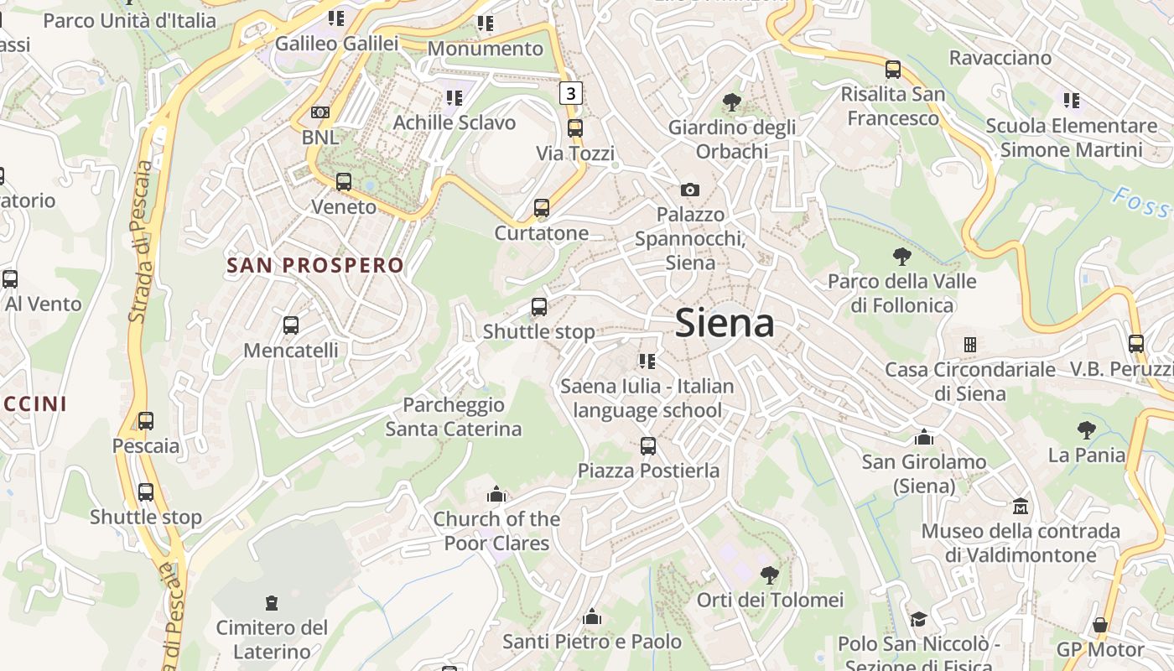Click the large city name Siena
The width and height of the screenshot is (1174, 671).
click(x=725, y=323)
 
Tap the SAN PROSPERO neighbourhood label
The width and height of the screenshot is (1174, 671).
click(x=315, y=266)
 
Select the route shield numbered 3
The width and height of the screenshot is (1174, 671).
click(x=571, y=92)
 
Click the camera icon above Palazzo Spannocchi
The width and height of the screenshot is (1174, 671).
click(x=690, y=190)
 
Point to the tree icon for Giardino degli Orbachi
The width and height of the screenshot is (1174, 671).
click(x=732, y=102)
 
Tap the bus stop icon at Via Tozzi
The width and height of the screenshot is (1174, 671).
click(x=575, y=128)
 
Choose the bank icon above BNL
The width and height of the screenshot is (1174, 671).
click(x=320, y=112)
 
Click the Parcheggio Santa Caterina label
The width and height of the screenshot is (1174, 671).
click(x=454, y=417)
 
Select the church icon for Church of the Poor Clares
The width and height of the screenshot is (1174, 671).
click(x=496, y=494)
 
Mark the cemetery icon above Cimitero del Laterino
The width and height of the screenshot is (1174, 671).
click(x=271, y=602)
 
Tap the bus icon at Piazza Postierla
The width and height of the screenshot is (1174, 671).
click(x=648, y=445)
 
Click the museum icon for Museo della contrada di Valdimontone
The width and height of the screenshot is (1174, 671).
click(x=1021, y=506)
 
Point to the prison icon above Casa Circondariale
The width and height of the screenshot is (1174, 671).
click(x=970, y=345)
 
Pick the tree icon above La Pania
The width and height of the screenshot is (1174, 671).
click(x=1086, y=430)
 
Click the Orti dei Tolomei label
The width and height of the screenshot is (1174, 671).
click(x=770, y=600)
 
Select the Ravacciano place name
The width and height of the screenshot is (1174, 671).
click(x=1000, y=58)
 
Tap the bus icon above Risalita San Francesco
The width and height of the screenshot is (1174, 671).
click(x=893, y=70)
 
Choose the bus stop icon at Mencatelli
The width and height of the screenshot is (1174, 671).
click(x=291, y=325)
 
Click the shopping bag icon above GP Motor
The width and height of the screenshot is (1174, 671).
click(x=1100, y=625)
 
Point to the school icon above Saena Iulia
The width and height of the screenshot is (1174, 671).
click(x=647, y=362)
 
